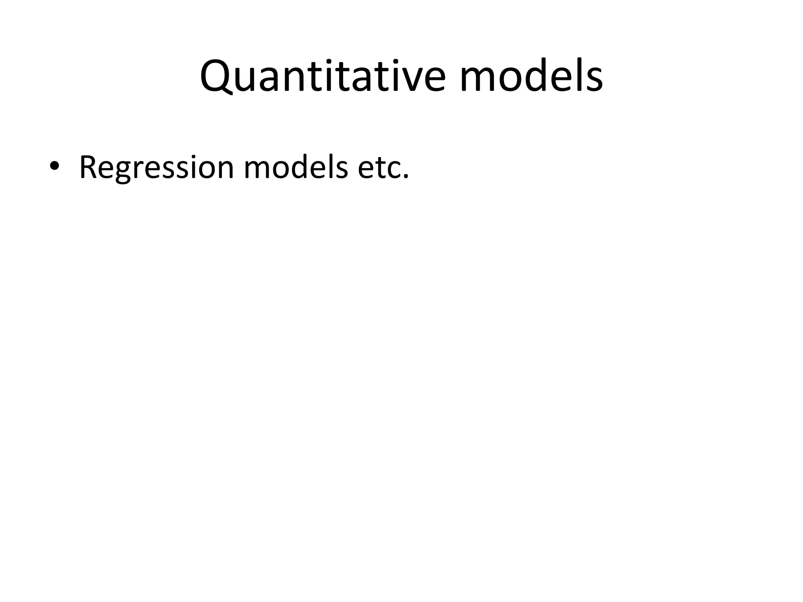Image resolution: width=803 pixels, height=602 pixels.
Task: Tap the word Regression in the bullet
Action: click(x=156, y=168)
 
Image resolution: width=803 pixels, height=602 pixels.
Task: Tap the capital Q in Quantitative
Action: click(x=217, y=76)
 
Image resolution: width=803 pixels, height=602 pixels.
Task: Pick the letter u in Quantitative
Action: click(x=249, y=80)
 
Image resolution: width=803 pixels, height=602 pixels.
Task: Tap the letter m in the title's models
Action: click(x=479, y=80)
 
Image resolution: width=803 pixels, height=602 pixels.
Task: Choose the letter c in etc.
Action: click(x=393, y=170)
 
